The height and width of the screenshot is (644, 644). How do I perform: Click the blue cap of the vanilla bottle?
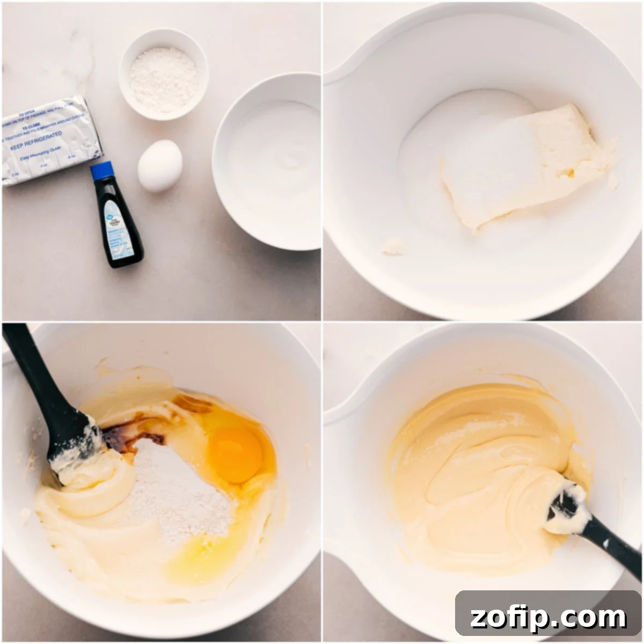click(x=101, y=171)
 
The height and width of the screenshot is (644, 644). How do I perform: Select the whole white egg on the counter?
click(x=160, y=165)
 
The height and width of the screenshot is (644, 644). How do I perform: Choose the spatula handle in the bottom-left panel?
click(x=32, y=376)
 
